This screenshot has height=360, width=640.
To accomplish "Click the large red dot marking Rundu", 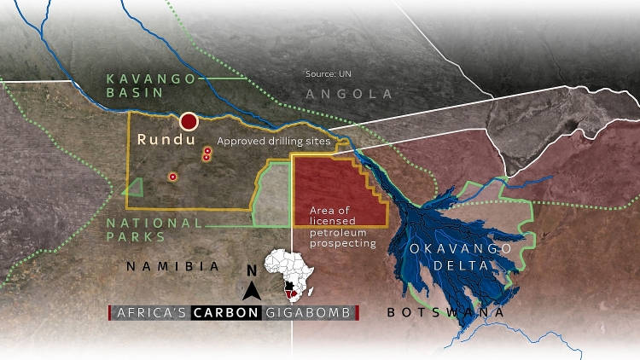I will coord(189,121).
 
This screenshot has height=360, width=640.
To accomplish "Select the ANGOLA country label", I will coord(349,94).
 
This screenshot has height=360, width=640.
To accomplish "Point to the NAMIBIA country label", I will coord(174,266).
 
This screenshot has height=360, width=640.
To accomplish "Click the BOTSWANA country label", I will coord(445,313).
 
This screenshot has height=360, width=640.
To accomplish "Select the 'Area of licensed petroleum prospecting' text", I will coord(342,227).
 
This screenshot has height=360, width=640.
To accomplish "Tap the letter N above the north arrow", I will coord(252,271).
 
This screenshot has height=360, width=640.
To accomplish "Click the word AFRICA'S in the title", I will coord(150,313).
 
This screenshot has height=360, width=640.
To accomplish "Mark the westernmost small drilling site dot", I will coord(173,177).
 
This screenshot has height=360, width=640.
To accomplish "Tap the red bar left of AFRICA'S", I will coord(110,313).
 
